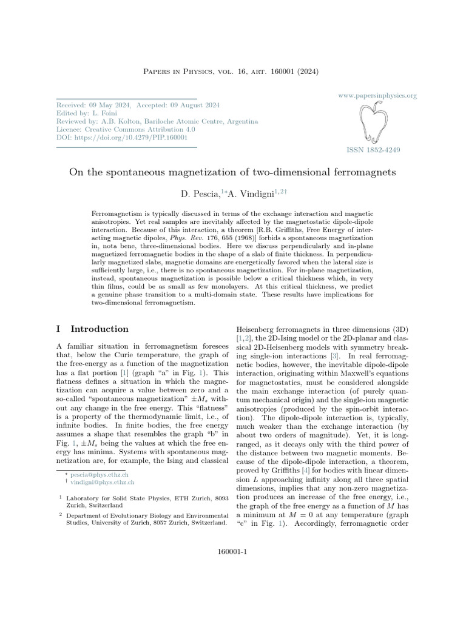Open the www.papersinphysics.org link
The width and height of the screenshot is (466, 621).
tap(376, 96)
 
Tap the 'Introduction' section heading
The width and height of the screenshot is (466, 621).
tap(100, 329)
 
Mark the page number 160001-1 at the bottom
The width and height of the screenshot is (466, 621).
tap(233, 552)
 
